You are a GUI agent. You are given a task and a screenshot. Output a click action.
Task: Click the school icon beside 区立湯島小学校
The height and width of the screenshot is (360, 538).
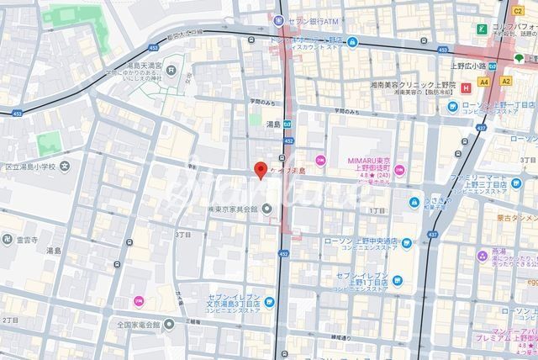click(4, 167)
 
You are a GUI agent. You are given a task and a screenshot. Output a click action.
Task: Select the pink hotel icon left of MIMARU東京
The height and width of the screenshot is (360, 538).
click(320, 161)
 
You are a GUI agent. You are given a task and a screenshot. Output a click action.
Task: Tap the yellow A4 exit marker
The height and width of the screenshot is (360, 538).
click(483, 82)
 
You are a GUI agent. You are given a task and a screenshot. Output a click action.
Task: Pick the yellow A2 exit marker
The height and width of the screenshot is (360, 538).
click(505, 81)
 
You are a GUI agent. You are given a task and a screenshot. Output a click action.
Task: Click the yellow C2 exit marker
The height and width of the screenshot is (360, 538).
click(517, 11)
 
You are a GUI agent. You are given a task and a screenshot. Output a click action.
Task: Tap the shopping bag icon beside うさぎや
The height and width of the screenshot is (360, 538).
click(414, 202)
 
